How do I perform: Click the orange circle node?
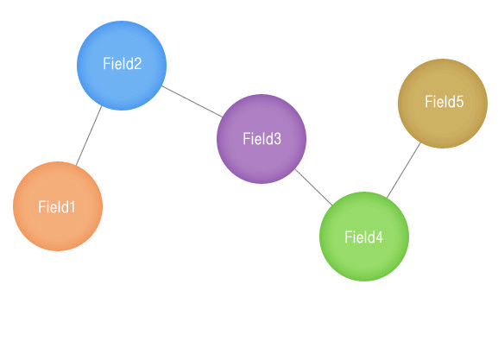click(x=58, y=206)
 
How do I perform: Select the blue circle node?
click(x=122, y=66)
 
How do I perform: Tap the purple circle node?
click(x=262, y=139)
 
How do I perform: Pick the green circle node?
click(x=364, y=237)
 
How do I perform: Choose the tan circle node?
click(x=443, y=104)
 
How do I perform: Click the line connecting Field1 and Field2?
click(x=89, y=136)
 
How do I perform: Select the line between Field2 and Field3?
click(x=192, y=101)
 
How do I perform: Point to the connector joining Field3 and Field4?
click(x=314, y=187)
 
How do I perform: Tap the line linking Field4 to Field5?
click(x=404, y=170)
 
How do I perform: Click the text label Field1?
click(x=57, y=207)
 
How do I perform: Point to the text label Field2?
click(x=123, y=64)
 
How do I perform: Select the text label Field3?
click(x=262, y=139)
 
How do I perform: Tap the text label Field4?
click(x=364, y=237)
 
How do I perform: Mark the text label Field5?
click(x=444, y=102)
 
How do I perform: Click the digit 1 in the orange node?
click(x=72, y=207)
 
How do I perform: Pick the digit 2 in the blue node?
click(x=137, y=64)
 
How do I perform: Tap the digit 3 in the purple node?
click(x=277, y=139)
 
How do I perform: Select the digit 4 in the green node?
click(x=379, y=237)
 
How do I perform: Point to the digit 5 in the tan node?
click(x=459, y=103)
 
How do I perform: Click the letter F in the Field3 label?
click(x=247, y=139)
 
